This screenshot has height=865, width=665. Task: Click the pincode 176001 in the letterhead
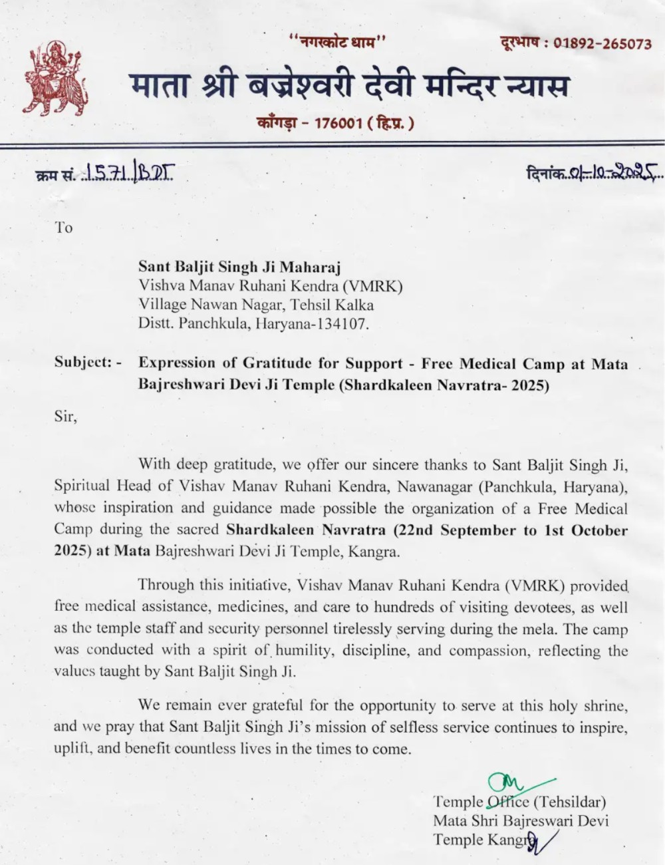click(x=338, y=123)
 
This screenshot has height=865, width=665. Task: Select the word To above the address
click(x=64, y=228)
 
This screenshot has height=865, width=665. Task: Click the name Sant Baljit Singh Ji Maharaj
click(x=239, y=267)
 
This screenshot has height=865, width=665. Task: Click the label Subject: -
click(x=88, y=363)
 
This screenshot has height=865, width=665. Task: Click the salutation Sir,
click(x=66, y=418)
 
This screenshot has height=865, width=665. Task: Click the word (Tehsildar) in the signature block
click(x=570, y=802)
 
